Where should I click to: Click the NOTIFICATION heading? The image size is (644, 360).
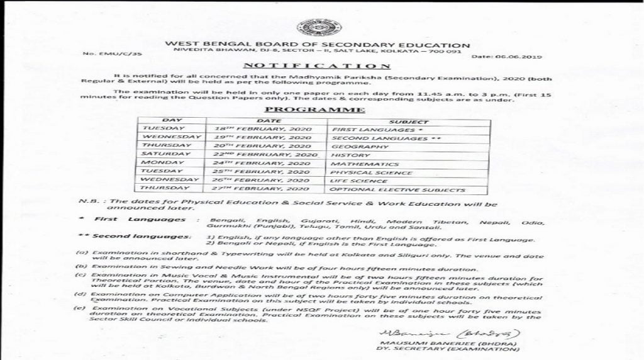(x=316, y=65)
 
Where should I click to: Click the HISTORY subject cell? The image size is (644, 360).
(x=347, y=154)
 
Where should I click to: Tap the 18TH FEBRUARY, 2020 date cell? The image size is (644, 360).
(x=258, y=128)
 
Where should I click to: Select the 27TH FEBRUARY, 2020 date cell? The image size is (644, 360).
(x=258, y=189)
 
